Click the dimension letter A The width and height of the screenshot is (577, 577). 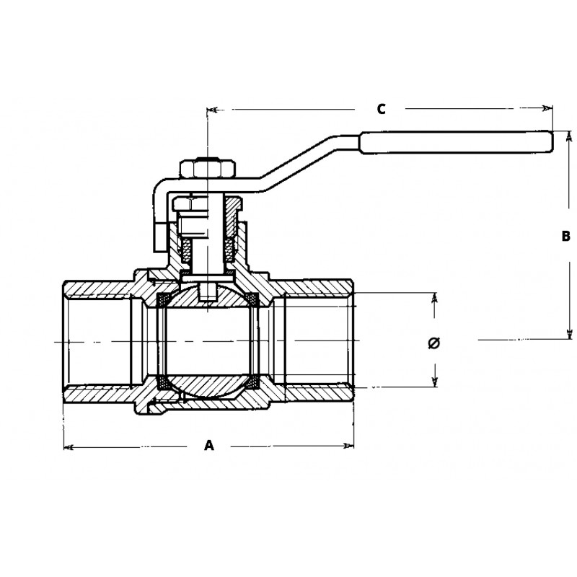(x=209, y=446)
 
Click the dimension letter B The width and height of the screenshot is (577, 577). (x=566, y=236)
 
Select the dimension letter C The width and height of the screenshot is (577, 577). (x=382, y=109)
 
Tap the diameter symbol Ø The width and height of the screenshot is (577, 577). (x=434, y=341)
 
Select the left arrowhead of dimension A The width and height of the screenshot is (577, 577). (x=69, y=447)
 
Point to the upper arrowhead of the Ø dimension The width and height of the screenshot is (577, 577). (x=435, y=298)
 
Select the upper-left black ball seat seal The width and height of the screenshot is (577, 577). (x=164, y=298)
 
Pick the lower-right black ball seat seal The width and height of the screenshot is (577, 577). (x=253, y=384)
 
